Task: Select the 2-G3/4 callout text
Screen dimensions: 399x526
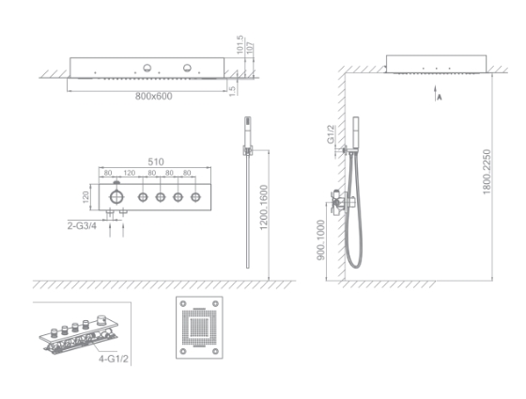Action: click(82, 225)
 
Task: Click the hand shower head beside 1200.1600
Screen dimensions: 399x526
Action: click(248, 128)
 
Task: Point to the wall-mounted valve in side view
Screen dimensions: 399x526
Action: click(340, 199)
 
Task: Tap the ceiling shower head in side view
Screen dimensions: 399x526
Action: click(437, 65)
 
